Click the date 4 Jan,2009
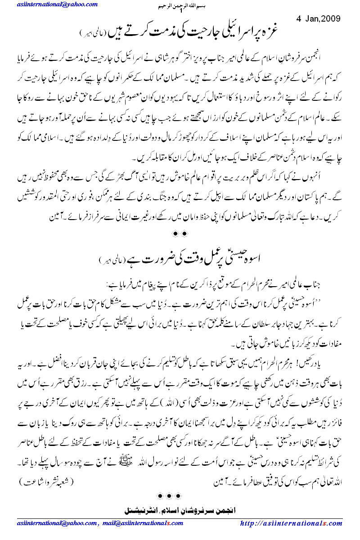319,18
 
